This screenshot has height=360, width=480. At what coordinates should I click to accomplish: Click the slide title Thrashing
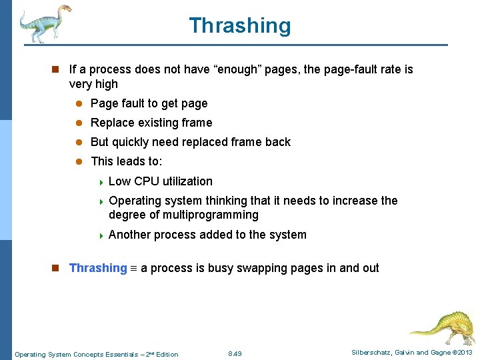[240, 25]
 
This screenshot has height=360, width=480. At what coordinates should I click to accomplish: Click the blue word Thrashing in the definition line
[98, 268]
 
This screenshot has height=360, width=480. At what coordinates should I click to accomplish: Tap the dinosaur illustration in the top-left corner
[44, 23]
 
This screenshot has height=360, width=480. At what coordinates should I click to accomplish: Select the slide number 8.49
[235, 353]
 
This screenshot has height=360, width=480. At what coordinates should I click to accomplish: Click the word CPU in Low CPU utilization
[146, 181]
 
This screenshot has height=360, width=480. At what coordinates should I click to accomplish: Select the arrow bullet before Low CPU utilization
[100, 182]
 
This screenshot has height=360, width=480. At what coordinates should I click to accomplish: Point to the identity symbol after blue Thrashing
[133, 269]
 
